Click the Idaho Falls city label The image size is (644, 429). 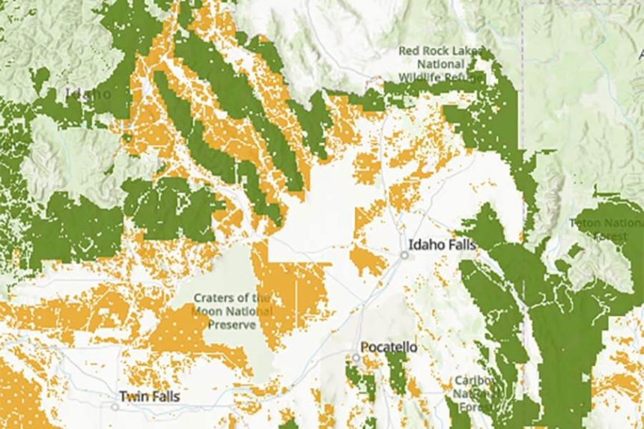pyautogui.click(x=442, y=244)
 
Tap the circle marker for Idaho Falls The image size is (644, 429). pyautogui.click(x=404, y=255)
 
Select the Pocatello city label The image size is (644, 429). pyautogui.click(x=389, y=347)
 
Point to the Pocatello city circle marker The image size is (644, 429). pyautogui.click(x=356, y=359)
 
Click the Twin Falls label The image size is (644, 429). pyautogui.click(x=149, y=396)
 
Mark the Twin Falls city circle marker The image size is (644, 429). pyautogui.click(x=115, y=407)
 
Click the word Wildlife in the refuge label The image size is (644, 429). pyautogui.click(x=421, y=77)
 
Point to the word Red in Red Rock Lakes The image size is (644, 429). pyautogui.click(x=409, y=51)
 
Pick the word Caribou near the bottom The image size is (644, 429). pyautogui.click(x=474, y=381)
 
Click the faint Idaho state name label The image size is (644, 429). pyautogui.click(x=88, y=94)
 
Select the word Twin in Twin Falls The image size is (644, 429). pyautogui.click(x=133, y=396)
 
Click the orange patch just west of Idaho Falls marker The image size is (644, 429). pyautogui.click(x=368, y=261)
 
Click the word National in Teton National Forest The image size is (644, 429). pyautogui.click(x=625, y=222)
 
